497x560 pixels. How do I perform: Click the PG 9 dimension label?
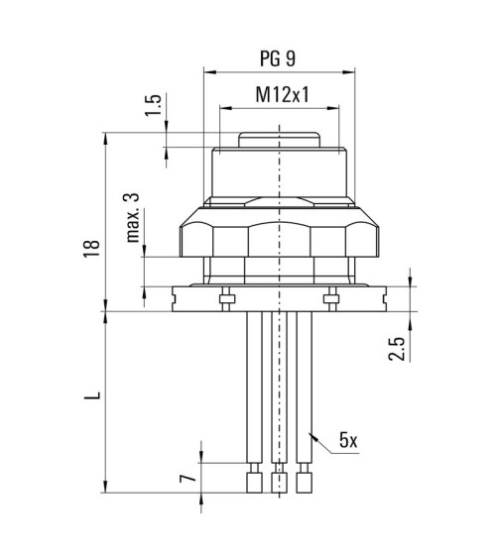pyautogui.click(x=278, y=58)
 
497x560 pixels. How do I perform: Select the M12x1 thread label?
pyautogui.click(x=282, y=94)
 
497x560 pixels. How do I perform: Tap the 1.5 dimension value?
pyautogui.click(x=154, y=105)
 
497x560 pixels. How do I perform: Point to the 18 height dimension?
pyautogui.click(x=91, y=248)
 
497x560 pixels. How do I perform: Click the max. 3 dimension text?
pyautogui.click(x=132, y=218)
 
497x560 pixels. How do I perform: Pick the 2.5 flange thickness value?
pyautogui.click(x=397, y=349)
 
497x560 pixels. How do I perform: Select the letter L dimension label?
pyautogui.click(x=92, y=395)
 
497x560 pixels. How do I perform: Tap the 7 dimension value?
pyautogui.click(x=187, y=478)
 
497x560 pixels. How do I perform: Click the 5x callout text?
pyautogui.click(x=348, y=440)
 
